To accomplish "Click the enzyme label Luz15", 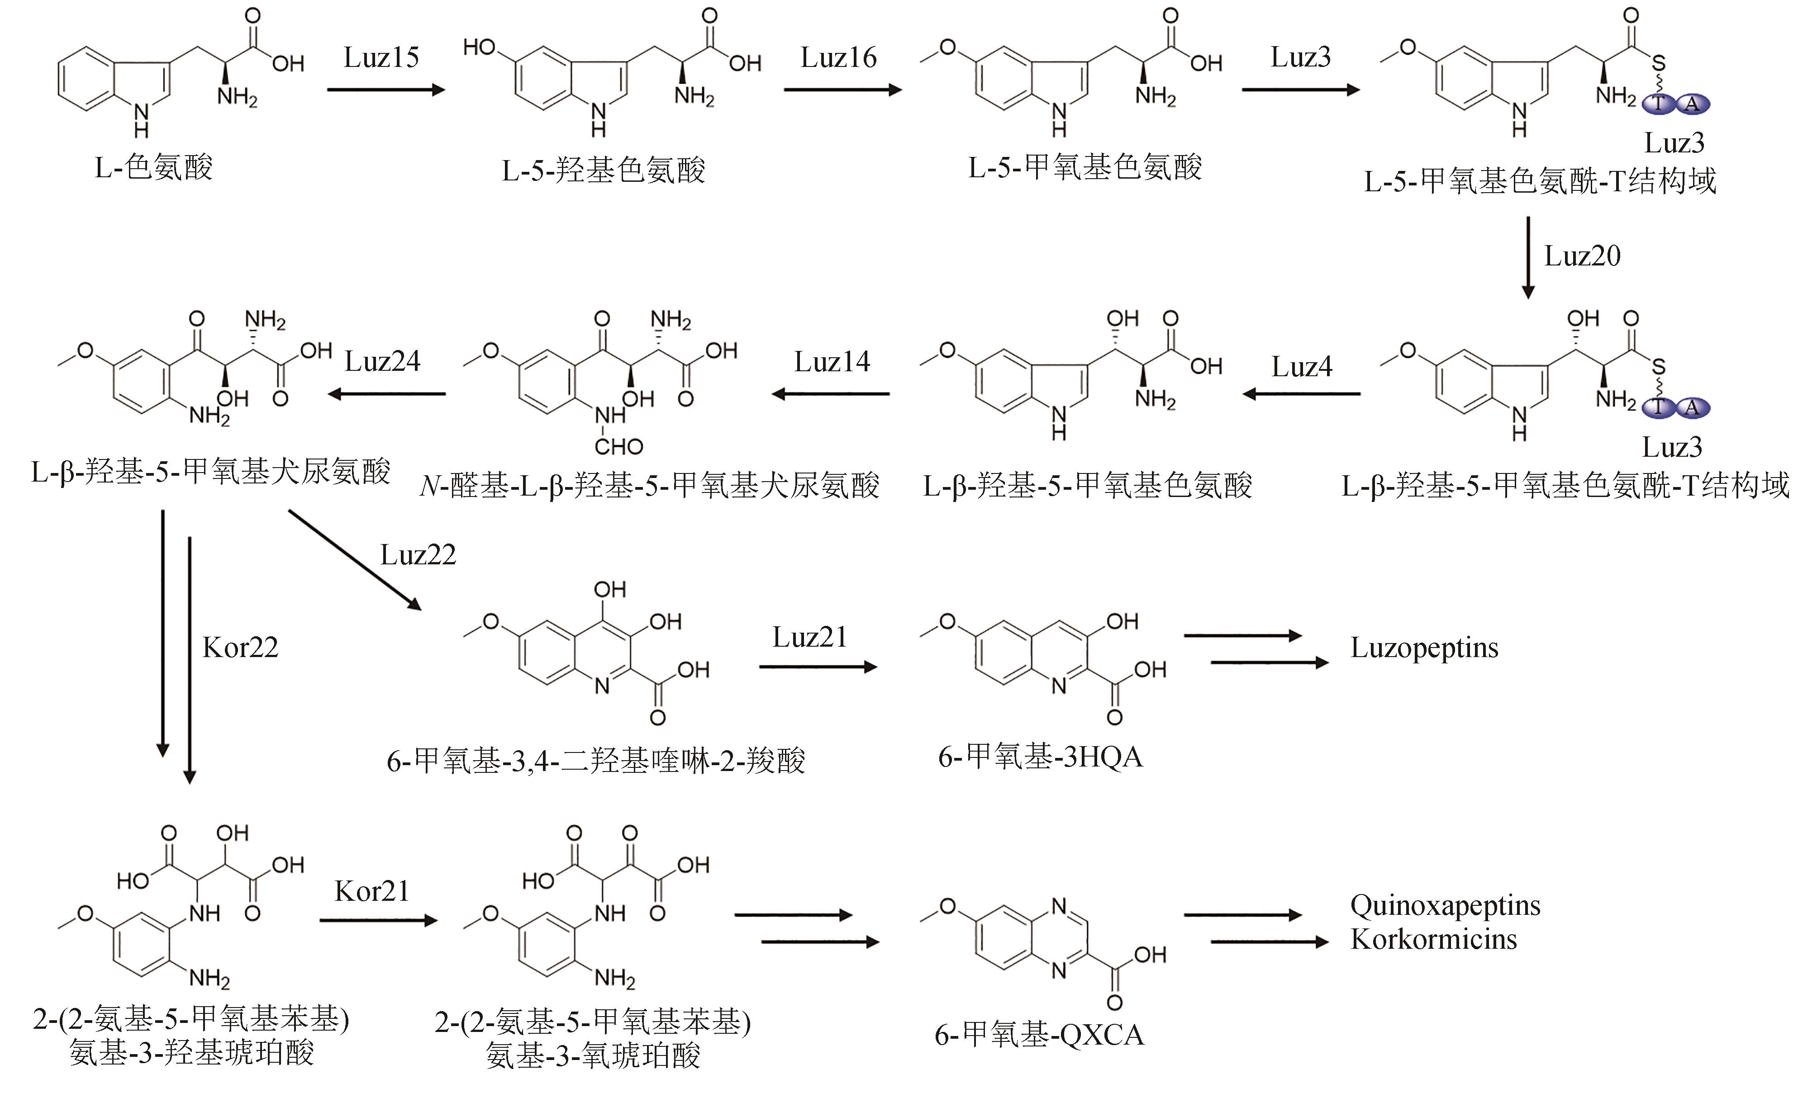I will pos(381,57).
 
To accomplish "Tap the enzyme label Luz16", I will pos(838,57).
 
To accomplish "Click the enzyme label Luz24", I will pos(382,362).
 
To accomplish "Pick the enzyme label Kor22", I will pos(240,648).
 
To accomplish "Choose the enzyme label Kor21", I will pos(371,891).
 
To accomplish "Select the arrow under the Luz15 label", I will pos(386,90).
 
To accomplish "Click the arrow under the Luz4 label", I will pos(1301,394).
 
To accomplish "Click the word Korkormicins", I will pos(1433,939).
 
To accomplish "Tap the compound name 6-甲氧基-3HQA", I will pos(1040,757).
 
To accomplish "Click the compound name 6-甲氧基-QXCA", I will pos(1039,1035).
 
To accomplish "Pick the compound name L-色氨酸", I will pos(153,168).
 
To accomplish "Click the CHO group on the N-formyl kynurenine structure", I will pos(619,446).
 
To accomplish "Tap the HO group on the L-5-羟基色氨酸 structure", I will pos(479,48).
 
